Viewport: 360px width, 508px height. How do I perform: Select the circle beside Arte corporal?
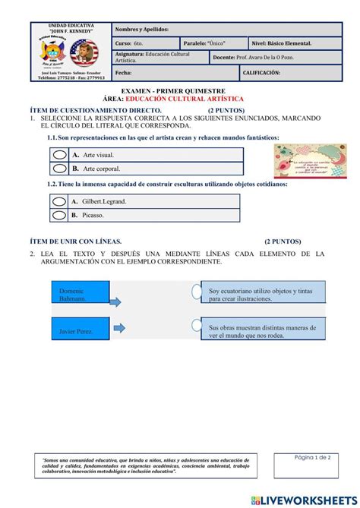59,169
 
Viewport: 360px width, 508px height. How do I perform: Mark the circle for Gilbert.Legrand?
59,201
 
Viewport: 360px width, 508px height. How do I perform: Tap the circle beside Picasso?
59,216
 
